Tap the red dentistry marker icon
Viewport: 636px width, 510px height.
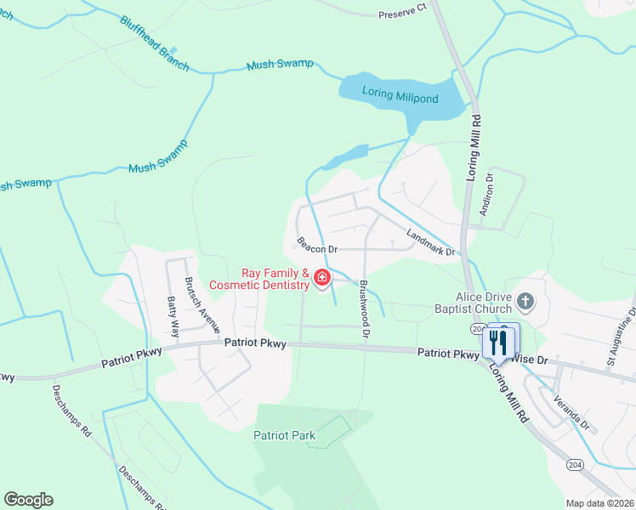tap(322, 278)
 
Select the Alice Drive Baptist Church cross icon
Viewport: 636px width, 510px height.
tap(525, 300)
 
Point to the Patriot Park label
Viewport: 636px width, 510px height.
tap(284, 436)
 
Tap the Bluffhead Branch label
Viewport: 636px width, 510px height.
tap(153, 42)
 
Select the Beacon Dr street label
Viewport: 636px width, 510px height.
tap(318, 246)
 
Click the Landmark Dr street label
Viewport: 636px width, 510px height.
tap(431, 243)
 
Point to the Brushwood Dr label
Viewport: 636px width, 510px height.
tap(365, 310)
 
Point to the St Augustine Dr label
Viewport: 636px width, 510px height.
tap(622, 339)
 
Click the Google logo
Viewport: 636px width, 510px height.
tap(27, 500)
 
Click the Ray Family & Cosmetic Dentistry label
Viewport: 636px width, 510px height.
tap(275, 280)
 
